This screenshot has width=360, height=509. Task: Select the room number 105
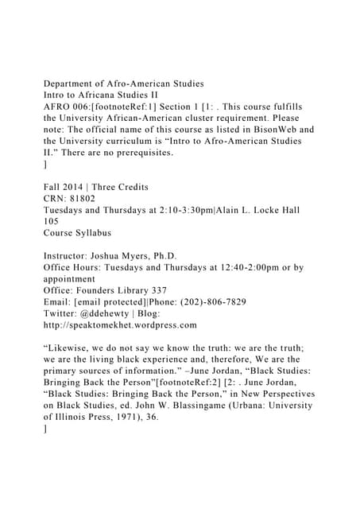tap(53, 222)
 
